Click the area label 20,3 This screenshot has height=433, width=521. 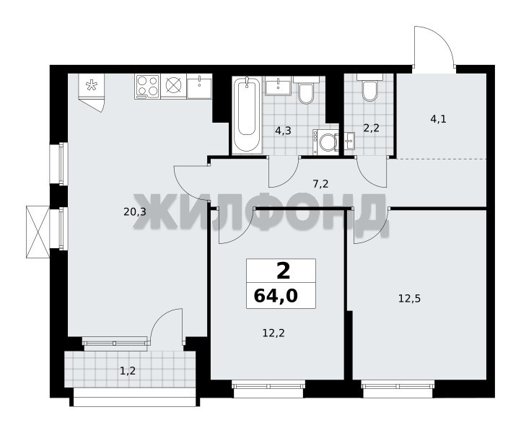click(135, 211)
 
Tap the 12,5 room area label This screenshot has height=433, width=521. click(409, 299)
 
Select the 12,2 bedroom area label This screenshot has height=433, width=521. click(273, 333)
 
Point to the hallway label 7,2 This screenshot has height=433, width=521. click(320, 183)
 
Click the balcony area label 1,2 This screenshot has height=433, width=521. click(128, 370)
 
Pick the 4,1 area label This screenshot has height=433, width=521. click(438, 118)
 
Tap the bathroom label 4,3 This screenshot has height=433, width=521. click(283, 131)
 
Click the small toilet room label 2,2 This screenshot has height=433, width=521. click(371, 128)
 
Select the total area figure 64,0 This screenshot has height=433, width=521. click(276, 296)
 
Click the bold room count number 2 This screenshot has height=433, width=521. click(283, 271)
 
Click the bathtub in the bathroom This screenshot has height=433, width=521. click(247, 115)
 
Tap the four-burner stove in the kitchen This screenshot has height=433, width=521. click(147, 86)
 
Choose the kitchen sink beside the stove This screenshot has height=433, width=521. click(199, 86)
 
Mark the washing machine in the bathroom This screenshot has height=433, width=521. click(325, 142)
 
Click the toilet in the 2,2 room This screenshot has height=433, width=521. click(369, 87)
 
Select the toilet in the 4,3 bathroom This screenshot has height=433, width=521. click(306, 89)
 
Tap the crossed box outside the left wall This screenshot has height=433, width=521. click(38, 232)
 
